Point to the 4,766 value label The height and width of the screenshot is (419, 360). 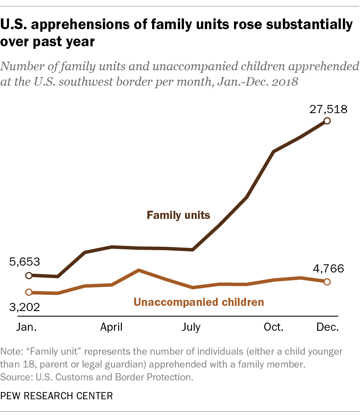pos(327,269)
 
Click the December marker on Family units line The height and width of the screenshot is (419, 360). pos(327,121)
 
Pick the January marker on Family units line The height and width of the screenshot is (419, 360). pos(29,275)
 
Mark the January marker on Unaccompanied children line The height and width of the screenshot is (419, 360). pos(29,292)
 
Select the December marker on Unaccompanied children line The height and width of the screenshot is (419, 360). pos(327,281)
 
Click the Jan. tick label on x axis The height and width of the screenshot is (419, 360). pos(27,327)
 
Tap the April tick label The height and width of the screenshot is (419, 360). pos(111,327)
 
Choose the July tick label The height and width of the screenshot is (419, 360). pos(191,327)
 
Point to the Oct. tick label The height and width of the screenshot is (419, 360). pos(273,327)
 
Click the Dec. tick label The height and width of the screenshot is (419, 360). pos(327,327)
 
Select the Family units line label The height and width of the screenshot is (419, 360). pos(178,215)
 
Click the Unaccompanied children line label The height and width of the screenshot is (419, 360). pos(199,302)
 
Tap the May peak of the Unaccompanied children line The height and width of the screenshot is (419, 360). pos(138,270)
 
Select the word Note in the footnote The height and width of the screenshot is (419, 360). pos(12,352)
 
